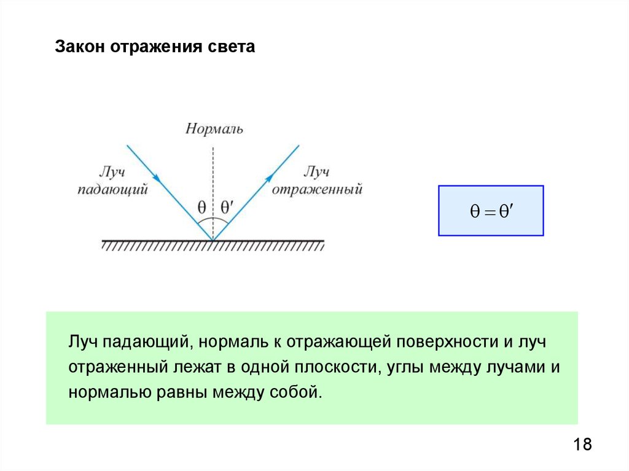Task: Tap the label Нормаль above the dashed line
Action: [214, 129]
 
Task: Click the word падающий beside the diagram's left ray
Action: [114, 190]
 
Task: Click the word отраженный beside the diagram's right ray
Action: [316, 190]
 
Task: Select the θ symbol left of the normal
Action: [201, 208]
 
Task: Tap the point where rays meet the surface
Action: [213, 240]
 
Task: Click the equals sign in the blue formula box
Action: [490, 211]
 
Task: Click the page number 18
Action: [582, 445]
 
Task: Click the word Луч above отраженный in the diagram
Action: [318, 173]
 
